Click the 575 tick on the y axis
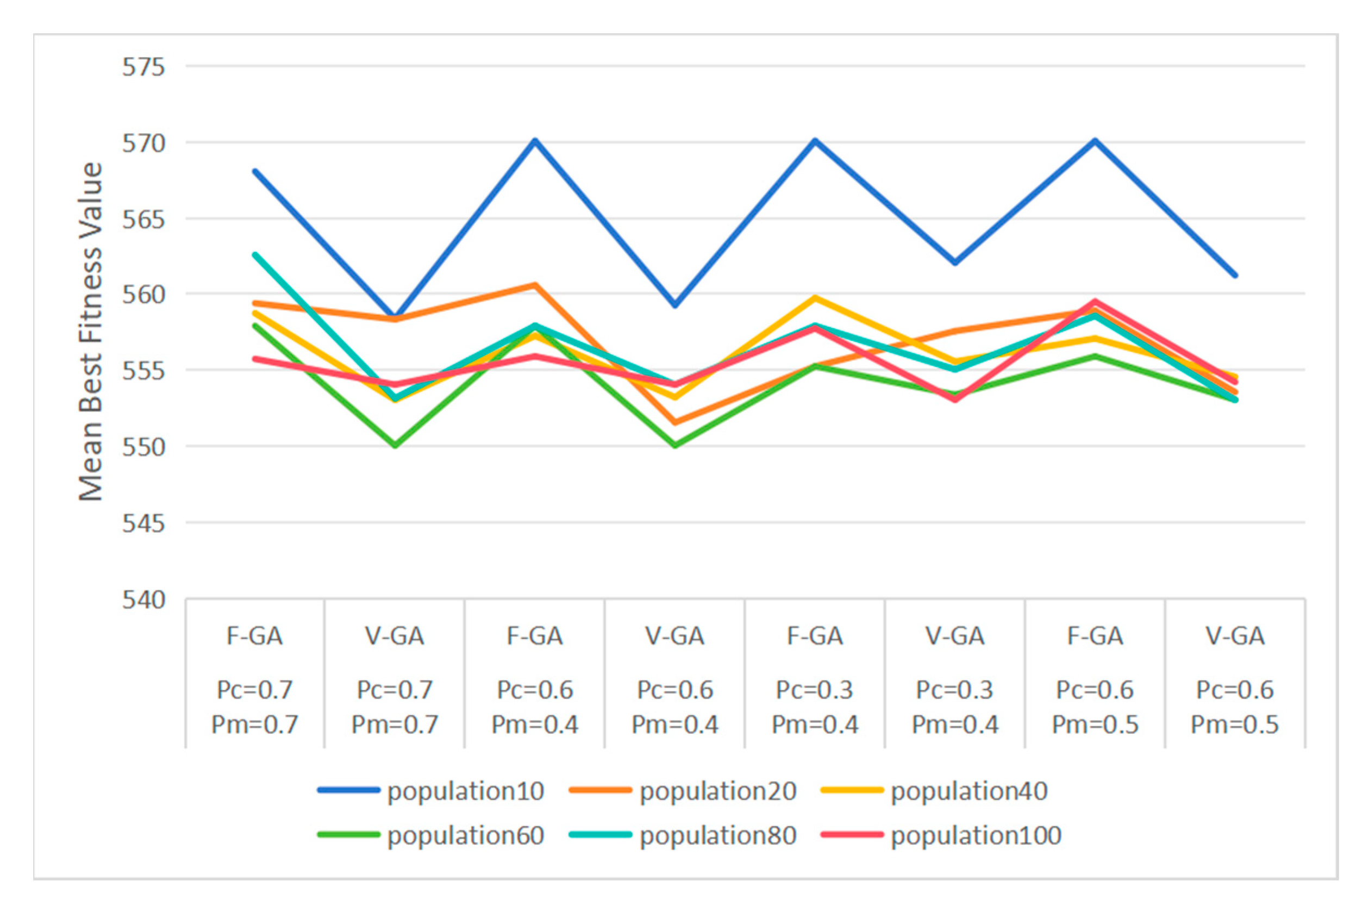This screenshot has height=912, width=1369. pyautogui.click(x=142, y=67)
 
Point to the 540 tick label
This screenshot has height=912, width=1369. pyautogui.click(x=142, y=599)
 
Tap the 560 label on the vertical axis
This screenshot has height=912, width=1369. pyautogui.click(x=142, y=295)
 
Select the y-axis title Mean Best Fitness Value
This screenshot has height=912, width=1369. pyautogui.click(x=91, y=332)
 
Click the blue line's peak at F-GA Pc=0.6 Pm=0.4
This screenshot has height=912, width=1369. pyautogui.click(x=535, y=140)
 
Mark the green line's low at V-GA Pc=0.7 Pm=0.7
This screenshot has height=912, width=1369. pyautogui.click(x=395, y=446)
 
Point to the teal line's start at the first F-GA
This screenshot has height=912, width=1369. pyautogui.click(x=255, y=254)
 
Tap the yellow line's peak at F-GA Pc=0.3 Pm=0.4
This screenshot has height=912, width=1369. pyautogui.click(x=815, y=298)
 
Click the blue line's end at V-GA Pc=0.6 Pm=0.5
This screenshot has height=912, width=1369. pyautogui.click(x=1235, y=275)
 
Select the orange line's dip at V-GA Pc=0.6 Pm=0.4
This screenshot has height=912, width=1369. pyautogui.click(x=675, y=422)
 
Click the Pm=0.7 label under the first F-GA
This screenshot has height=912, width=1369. pyautogui.click(x=255, y=724)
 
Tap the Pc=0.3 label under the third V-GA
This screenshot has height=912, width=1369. pyautogui.click(x=955, y=690)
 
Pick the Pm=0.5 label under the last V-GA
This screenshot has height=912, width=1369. pyautogui.click(x=1235, y=724)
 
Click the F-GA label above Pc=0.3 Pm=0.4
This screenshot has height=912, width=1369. pyautogui.click(x=815, y=636)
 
